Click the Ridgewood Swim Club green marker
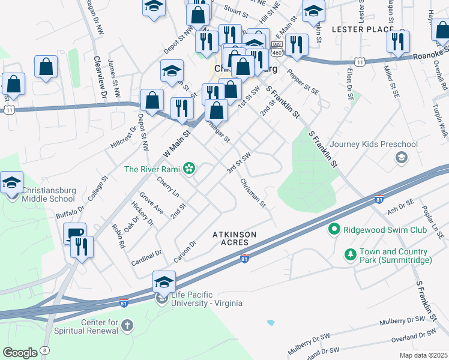(x=334, y=229)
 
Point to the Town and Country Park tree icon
(x=350, y=256)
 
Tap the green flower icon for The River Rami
(x=189, y=169)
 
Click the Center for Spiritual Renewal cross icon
(x=127, y=326)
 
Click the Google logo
(x=20, y=353)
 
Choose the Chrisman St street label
(x=253, y=193)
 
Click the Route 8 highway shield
(x=46, y=350)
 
